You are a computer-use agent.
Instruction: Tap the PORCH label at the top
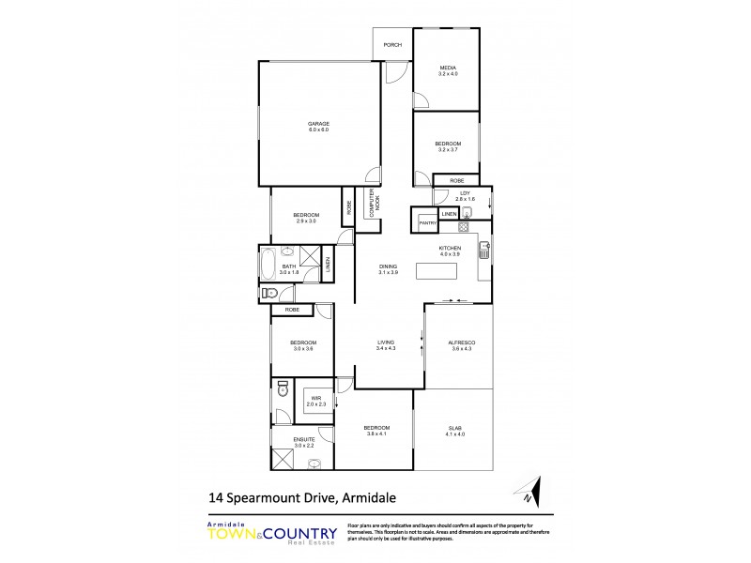(392, 44)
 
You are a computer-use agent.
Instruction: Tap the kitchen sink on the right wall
(484, 250)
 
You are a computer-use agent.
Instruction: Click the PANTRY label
(425, 223)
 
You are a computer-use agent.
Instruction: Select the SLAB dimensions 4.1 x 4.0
(454, 436)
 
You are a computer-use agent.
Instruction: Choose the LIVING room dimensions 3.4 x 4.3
(385, 349)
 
